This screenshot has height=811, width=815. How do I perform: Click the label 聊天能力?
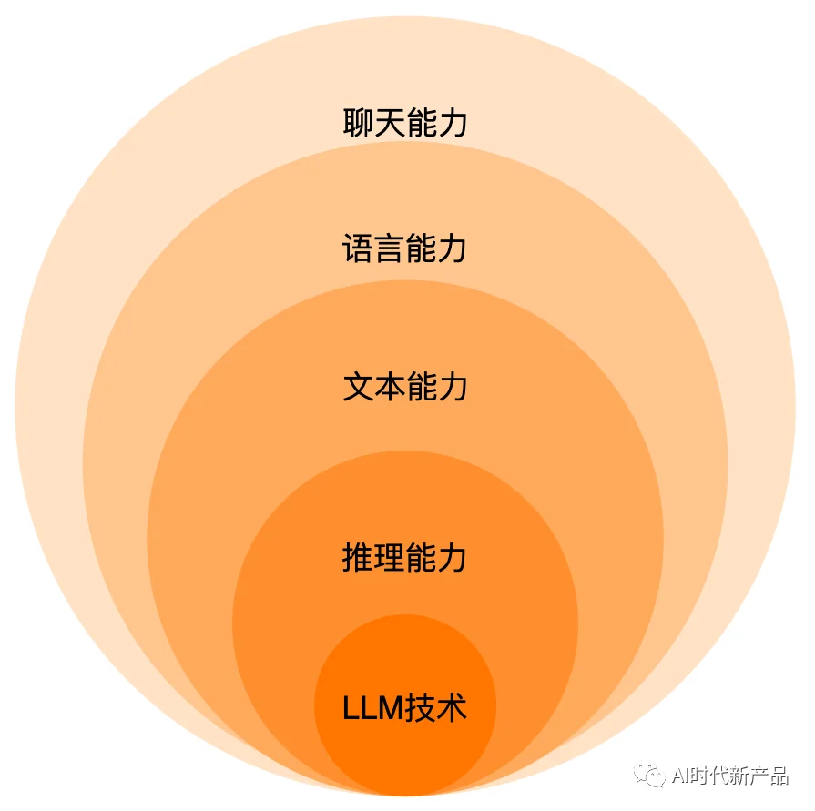click(x=405, y=123)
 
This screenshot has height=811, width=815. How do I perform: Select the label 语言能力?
click(x=404, y=248)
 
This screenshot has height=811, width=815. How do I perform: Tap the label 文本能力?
click(x=405, y=387)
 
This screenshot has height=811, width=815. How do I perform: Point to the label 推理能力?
click(x=404, y=557)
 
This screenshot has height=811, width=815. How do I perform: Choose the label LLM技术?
click(x=405, y=707)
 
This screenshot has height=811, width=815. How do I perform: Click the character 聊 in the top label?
click(x=358, y=123)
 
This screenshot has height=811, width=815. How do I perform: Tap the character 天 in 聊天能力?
click(x=390, y=123)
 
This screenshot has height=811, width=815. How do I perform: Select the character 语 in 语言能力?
click(x=358, y=248)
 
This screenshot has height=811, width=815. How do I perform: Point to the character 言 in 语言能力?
click(x=389, y=248)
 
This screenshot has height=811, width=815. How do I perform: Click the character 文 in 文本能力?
click(x=358, y=387)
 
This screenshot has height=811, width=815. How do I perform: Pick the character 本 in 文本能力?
click(x=390, y=387)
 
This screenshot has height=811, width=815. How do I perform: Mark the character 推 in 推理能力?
click(x=358, y=557)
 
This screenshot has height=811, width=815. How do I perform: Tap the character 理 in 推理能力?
click(x=389, y=557)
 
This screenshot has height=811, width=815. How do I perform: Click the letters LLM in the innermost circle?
click(x=373, y=708)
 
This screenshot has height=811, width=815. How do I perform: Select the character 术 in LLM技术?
click(x=452, y=707)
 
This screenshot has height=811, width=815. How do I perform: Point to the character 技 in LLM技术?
click(x=421, y=707)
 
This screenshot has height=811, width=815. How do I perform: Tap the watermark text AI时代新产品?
click(x=730, y=776)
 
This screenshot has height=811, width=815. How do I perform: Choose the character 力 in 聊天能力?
click(x=453, y=123)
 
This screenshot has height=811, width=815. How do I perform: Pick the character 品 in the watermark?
click(x=779, y=776)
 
